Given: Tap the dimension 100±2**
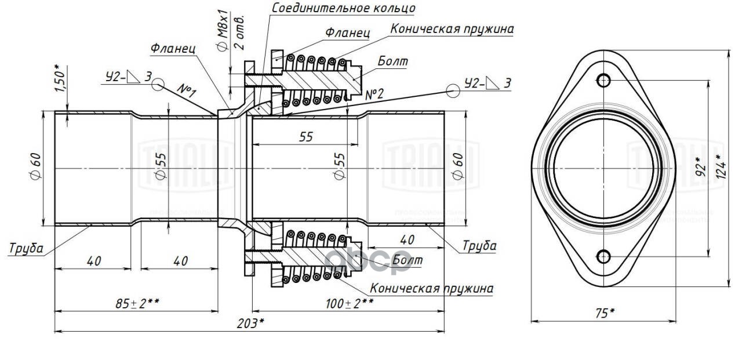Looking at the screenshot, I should point(348,303).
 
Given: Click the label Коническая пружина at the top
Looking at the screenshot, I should point(452,28).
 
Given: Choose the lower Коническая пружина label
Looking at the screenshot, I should point(431,288).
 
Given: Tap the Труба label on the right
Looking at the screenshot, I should point(479,245).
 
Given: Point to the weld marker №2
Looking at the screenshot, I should point(376,94).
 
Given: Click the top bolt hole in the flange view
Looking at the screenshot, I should point(604,80).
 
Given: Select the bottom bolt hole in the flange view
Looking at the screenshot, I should point(604,256).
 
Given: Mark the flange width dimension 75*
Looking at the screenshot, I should point(604,312).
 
